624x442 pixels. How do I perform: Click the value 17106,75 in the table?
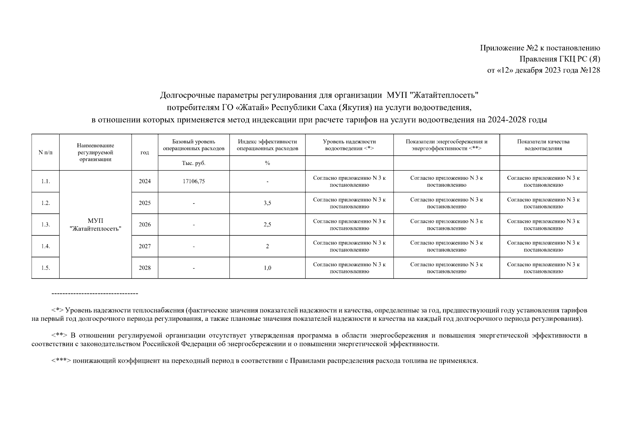(193, 181)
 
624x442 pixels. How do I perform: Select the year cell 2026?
(145, 225)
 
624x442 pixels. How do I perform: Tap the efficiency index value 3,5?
(267, 203)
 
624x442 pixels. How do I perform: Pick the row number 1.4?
(45, 246)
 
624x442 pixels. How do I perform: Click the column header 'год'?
(145, 152)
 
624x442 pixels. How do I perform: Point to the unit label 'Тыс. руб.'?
(193, 163)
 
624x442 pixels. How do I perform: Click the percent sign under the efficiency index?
(267, 163)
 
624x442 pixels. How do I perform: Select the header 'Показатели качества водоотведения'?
(543, 145)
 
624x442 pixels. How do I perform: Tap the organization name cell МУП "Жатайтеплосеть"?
(95, 225)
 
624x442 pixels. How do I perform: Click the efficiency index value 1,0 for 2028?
(267, 268)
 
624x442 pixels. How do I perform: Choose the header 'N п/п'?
(45, 152)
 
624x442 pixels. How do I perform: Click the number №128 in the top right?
(589, 70)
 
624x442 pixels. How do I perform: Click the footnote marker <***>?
(61, 361)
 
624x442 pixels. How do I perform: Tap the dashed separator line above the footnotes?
(95, 294)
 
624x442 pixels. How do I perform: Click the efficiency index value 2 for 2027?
(267, 246)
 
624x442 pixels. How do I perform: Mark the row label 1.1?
(45, 181)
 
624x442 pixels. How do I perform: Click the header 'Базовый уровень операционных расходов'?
(193, 145)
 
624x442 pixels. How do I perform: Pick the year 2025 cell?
(145, 203)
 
